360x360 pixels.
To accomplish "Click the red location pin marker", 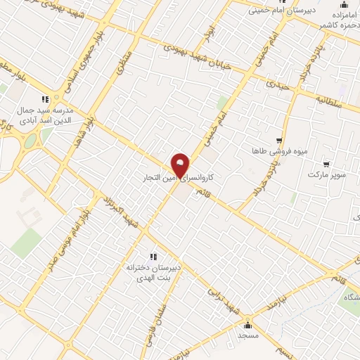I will tap(181, 165).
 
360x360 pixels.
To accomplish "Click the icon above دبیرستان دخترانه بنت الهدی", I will tap(153, 257).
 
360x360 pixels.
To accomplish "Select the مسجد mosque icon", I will tap(247, 326).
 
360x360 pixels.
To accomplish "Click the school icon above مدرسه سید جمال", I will tap(44, 98).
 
